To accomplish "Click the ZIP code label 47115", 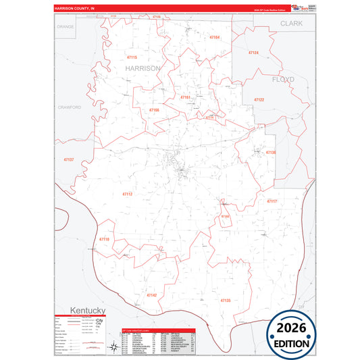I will pos(131,57).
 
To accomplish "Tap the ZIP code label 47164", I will pos(215,37).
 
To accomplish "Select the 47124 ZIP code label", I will pos(253,52).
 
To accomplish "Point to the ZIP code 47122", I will pos(259,99).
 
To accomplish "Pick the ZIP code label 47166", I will pos(154,109).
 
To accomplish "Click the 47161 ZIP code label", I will pos(185,97).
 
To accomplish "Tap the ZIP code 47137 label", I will pos(68,159).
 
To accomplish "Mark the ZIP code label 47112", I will pos(128,194).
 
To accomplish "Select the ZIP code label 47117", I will pos(272,201).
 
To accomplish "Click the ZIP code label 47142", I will pos(152,295).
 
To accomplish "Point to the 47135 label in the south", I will pos(226,300).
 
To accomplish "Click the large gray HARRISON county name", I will pos(143,68).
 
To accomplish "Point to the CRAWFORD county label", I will pos(70,107).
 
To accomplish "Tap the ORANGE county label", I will pos(66,26).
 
